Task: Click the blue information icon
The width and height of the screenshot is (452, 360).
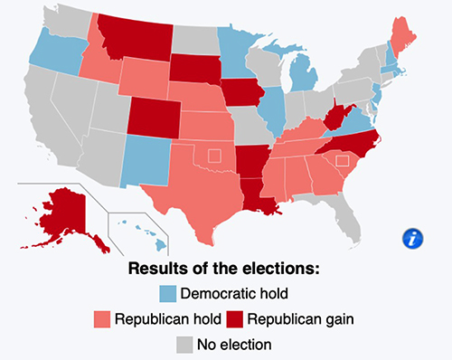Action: pyautogui.click(x=414, y=239)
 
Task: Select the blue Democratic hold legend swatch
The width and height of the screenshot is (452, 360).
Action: pyautogui.click(x=168, y=294)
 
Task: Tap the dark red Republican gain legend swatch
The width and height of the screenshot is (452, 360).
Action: pyautogui.click(x=233, y=319)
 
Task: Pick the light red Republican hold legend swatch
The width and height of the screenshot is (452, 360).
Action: pyautogui.click(x=102, y=319)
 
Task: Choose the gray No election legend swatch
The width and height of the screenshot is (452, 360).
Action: pyautogui.click(x=185, y=345)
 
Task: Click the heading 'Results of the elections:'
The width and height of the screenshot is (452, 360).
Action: pyautogui.click(x=225, y=269)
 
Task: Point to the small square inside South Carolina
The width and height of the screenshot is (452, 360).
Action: pyautogui.click(x=342, y=161)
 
